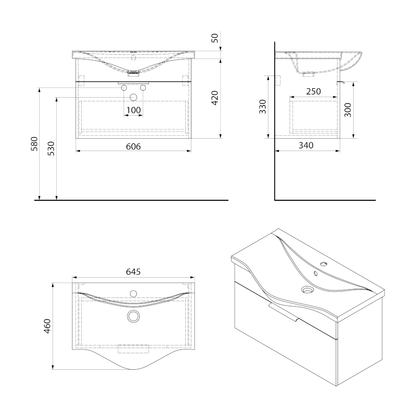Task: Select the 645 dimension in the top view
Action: point(133,272)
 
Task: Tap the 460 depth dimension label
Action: point(47,326)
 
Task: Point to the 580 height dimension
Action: point(35,144)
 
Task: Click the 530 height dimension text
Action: point(51,148)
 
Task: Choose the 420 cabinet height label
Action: point(215,98)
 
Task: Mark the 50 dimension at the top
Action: point(215,38)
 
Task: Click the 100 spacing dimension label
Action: point(133,110)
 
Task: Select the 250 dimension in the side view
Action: point(314,92)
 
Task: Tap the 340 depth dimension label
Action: point(306,145)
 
